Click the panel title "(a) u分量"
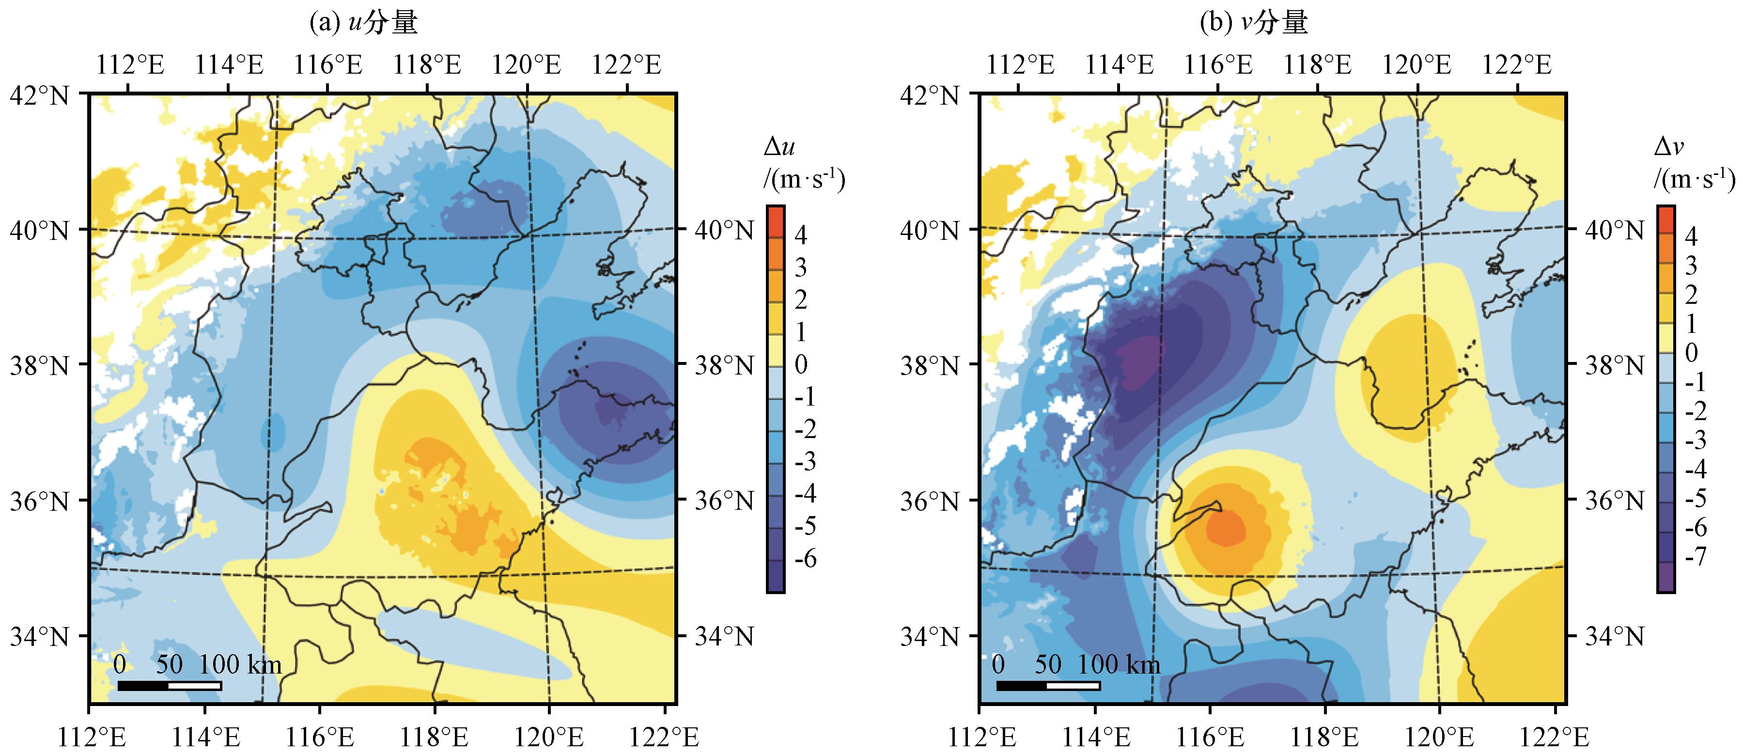[x=363, y=24]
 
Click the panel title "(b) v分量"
[x=1254, y=24]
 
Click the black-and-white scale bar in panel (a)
[x=169, y=686]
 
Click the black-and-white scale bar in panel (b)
[x=1048, y=686]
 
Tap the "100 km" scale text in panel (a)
[x=239, y=665]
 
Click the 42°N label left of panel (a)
[x=39, y=95]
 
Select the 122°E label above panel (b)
[x=1516, y=65]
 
